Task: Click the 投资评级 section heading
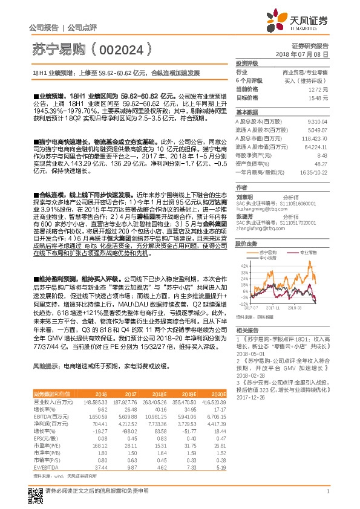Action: click(x=247, y=63)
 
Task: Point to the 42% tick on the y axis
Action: click(x=244, y=265)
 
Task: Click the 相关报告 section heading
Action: click(x=247, y=331)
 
